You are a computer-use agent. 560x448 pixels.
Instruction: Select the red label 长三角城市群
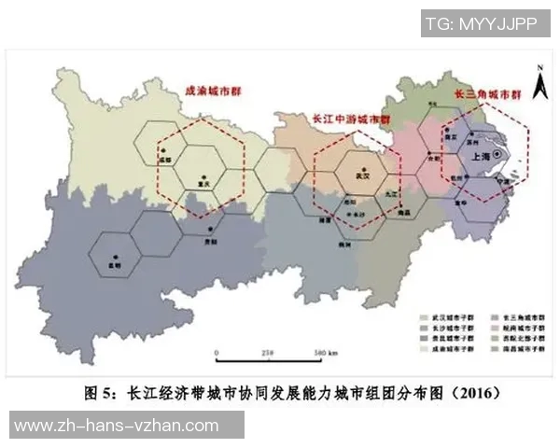tap(485, 95)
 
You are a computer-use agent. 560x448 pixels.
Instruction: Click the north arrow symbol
tap(539, 86)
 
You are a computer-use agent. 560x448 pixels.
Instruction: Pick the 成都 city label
tap(167, 160)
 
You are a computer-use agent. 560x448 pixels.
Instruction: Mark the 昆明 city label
tap(114, 265)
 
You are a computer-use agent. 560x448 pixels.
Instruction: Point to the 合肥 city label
tap(433, 158)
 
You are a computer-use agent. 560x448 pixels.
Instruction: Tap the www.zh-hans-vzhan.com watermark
tap(117, 425)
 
